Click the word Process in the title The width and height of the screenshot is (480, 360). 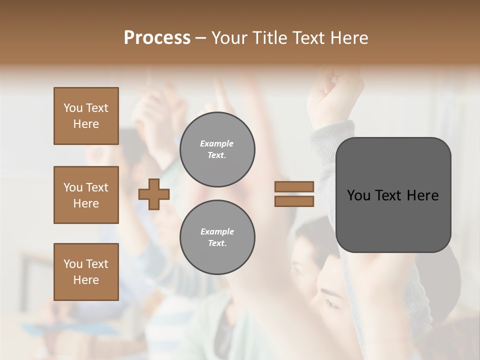coord(157,37)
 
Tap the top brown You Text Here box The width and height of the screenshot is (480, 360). coord(86,116)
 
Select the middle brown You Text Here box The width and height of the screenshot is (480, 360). coord(86,195)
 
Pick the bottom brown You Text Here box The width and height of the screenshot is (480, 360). coord(86,271)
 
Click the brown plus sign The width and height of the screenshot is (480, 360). coord(154,194)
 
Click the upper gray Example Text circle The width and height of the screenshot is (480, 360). coord(217,149)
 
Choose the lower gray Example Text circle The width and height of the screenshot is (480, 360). coord(217,237)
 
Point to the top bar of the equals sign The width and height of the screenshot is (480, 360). coord(294,187)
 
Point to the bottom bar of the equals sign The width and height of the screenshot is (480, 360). coord(294,201)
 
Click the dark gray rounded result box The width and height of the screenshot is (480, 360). coord(393,220)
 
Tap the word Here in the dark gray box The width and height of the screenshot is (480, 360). coord(422,195)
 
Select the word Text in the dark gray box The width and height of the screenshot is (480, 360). coord(388,195)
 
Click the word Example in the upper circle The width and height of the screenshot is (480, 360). coord(216,143)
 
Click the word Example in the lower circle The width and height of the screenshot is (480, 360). coord(217,231)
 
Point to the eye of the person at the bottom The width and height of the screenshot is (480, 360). coord(330,302)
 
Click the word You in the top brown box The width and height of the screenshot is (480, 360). coord(73,108)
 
